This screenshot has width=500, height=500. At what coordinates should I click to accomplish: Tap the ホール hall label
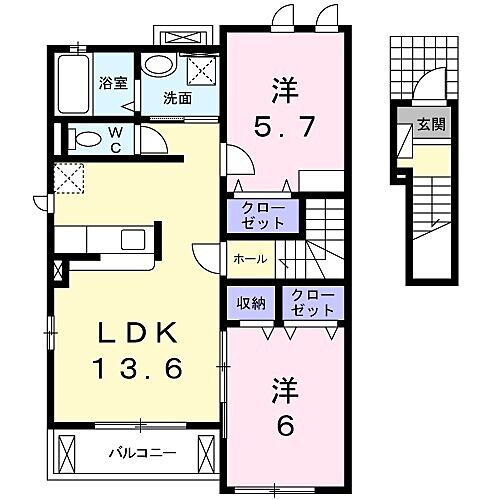(249, 259)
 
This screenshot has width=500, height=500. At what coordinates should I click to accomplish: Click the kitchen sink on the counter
(132, 241)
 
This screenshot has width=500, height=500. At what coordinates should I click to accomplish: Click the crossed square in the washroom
(200, 68)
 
